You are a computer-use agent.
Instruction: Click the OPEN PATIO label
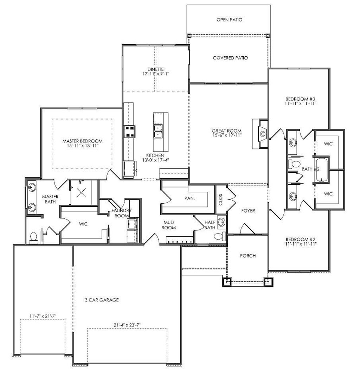229,20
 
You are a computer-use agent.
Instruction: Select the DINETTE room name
155,69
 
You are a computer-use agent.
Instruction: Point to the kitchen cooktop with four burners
129,132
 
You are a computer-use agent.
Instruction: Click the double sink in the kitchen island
158,131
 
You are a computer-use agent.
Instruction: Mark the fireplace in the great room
262,133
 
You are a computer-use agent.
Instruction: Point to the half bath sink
221,222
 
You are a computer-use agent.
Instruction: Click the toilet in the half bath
219,236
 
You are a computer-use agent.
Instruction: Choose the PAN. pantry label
189,198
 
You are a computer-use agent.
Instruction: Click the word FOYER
248,211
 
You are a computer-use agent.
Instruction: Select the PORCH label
247,256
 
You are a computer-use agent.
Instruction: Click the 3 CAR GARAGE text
101,300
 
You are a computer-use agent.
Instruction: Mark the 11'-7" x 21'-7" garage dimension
43,316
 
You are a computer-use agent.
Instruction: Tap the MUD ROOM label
168,225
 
